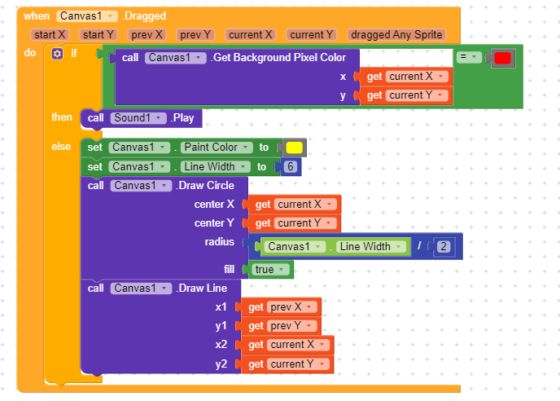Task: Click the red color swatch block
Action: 502,58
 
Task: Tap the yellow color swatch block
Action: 294,148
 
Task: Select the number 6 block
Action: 289,167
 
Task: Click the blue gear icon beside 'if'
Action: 56,54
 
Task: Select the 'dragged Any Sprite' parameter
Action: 396,35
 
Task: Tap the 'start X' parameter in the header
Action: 50,35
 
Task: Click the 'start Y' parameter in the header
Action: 99,35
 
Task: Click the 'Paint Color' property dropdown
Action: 213,148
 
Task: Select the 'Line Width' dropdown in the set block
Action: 212,167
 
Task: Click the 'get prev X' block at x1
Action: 278,307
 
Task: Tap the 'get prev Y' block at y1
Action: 278,326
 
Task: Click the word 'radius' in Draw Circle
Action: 219,242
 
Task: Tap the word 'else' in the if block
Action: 61,147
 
